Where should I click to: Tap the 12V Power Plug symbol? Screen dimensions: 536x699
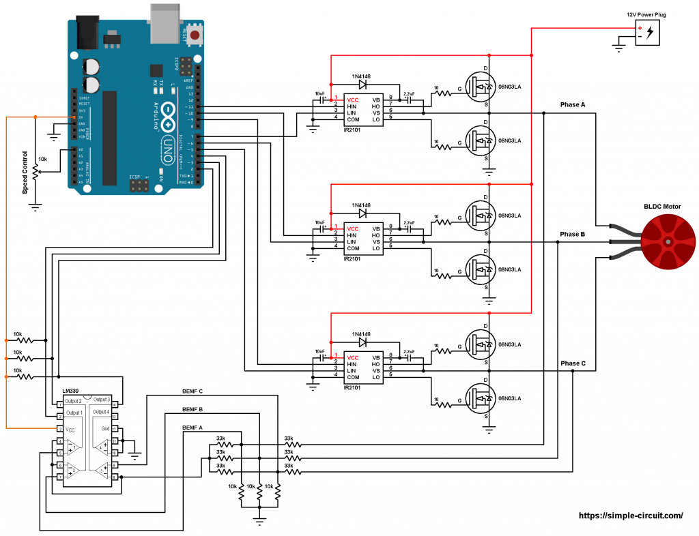[647, 33]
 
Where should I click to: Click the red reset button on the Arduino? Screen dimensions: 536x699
[196, 34]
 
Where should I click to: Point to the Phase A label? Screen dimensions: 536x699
[573, 104]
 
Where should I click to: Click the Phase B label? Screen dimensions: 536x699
[573, 234]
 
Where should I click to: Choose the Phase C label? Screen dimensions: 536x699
[573, 363]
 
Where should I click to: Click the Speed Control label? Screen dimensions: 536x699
[25, 172]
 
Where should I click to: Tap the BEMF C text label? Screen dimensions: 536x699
[193, 391]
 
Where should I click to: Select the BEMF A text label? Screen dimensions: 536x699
[193, 427]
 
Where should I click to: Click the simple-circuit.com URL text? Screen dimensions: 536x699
[631, 516]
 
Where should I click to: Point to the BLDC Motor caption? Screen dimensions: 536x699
[662, 207]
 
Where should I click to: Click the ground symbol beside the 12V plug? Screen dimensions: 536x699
[618, 47]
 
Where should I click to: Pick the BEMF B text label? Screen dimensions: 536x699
[193, 409]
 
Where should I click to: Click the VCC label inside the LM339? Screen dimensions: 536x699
[70, 430]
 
